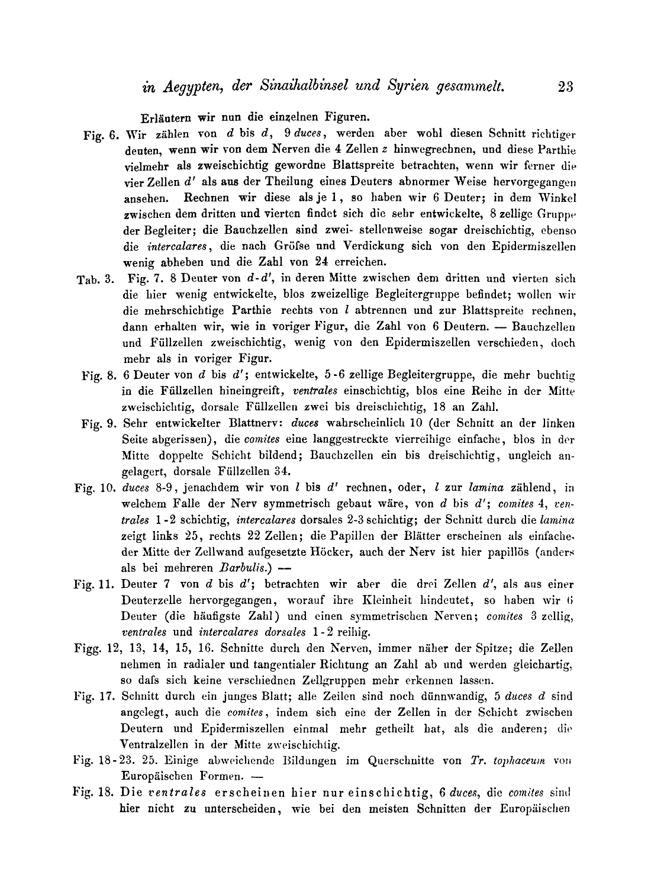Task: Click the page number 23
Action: coord(566,86)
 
